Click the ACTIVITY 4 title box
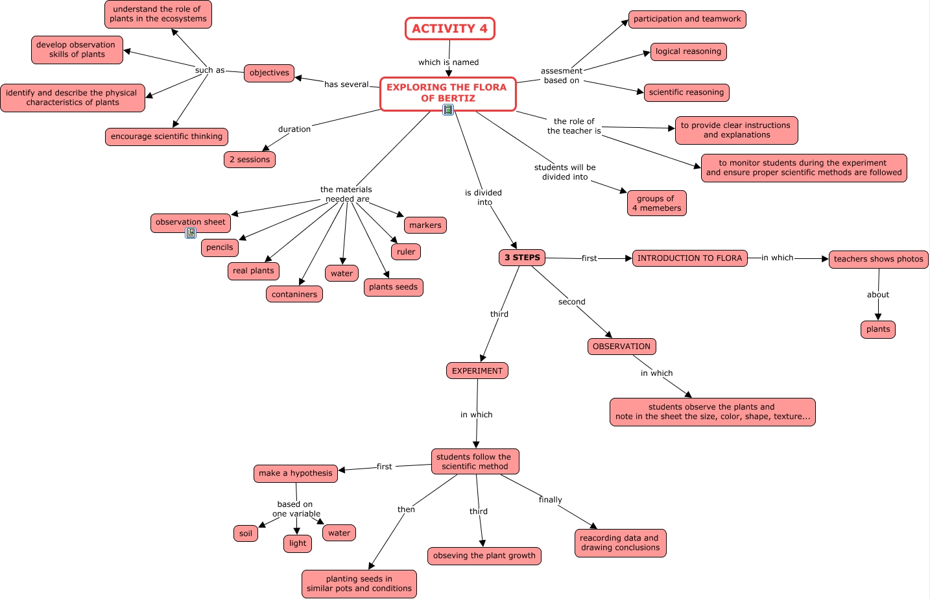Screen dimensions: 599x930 coord(449,29)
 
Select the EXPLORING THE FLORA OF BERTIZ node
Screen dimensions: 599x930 coord(447,93)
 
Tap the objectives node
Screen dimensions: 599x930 coord(269,73)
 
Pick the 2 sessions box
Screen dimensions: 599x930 coord(250,160)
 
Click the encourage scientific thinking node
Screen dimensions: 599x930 coord(167,136)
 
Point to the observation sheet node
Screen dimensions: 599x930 coord(191,222)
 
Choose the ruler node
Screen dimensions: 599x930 coord(406,252)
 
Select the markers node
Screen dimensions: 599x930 coord(425,225)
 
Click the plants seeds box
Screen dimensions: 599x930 coord(393,287)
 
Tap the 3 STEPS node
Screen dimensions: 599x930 coord(522,258)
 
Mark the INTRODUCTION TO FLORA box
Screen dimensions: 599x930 coord(689,258)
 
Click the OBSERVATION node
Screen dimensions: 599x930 coord(621,347)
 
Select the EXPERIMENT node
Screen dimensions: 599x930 coord(477,371)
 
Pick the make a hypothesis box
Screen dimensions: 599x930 coord(295,473)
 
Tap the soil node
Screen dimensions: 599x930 coord(246,533)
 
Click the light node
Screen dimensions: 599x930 coord(298,543)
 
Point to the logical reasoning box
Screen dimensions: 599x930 coord(688,51)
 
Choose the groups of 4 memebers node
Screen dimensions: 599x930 coord(656,203)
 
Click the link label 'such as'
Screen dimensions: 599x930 coord(209,70)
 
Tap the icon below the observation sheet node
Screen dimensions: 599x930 coord(191,233)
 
